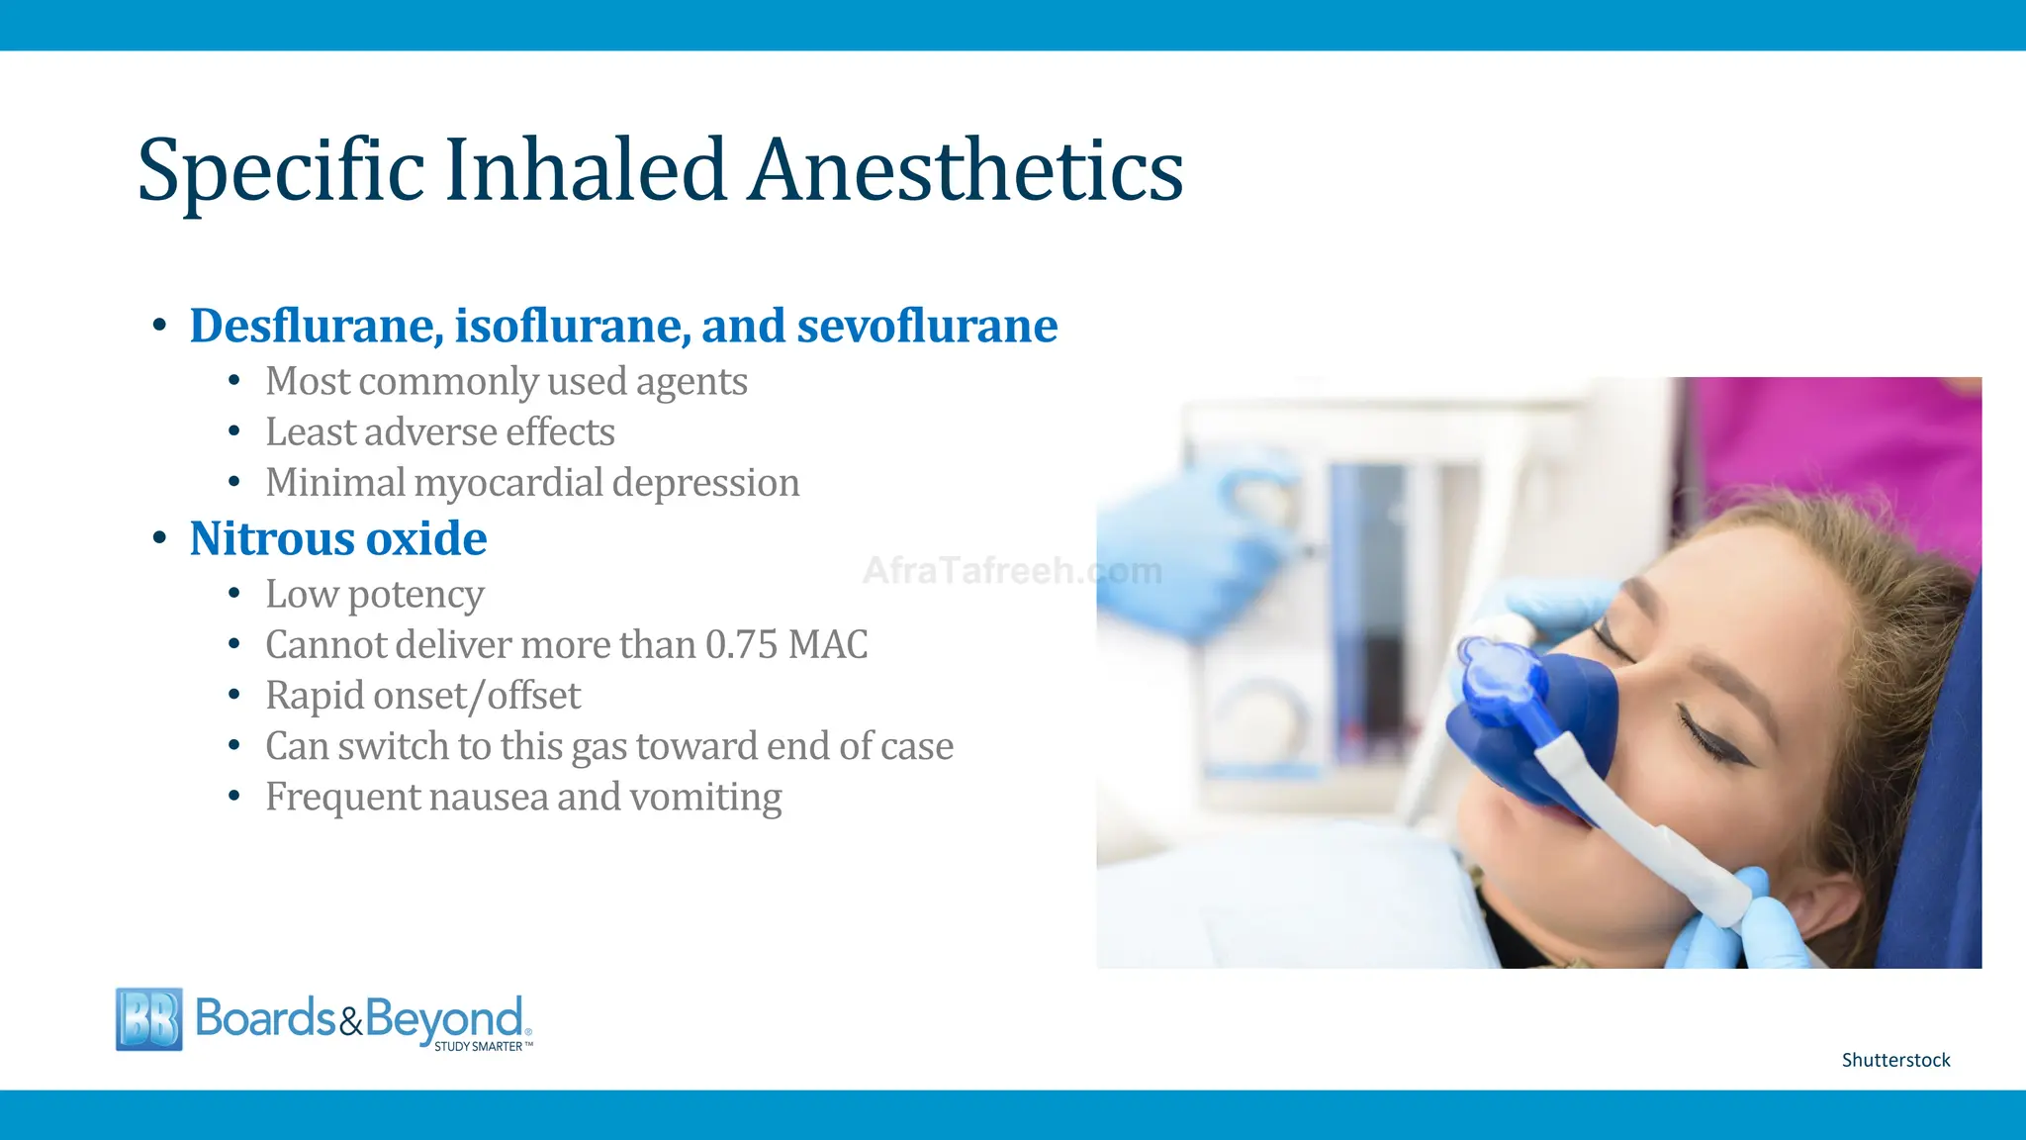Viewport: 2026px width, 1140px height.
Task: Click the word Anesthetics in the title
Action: point(966,170)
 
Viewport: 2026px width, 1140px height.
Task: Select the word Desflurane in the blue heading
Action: point(316,326)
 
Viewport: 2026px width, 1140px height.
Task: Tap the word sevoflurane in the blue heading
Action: point(927,326)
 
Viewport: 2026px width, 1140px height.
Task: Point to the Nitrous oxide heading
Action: point(337,539)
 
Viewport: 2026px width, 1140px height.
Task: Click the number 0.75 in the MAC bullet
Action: point(741,645)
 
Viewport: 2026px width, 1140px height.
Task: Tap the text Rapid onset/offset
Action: point(422,696)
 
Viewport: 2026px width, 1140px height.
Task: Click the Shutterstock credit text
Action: point(1895,1060)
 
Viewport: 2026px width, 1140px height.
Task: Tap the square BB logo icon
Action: point(149,1018)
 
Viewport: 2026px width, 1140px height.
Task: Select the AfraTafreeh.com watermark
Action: point(1011,571)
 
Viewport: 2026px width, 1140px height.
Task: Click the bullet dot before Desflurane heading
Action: point(159,326)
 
